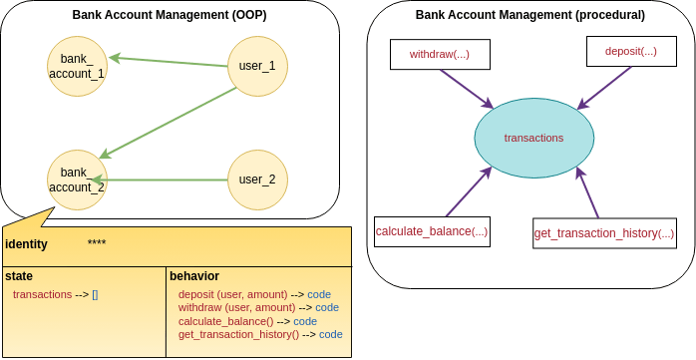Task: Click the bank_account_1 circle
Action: coord(77,66)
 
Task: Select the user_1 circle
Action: coord(257,66)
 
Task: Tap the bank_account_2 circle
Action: coord(77,180)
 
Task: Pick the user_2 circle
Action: coord(257,180)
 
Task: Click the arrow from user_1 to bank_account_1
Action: coord(169,61)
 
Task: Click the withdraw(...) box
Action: coord(440,54)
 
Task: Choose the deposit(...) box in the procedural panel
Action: coord(630,51)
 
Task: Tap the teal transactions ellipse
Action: coord(533,138)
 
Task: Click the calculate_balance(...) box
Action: coord(432,231)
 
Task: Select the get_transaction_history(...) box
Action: coord(604,233)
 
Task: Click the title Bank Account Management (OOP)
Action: coord(170,15)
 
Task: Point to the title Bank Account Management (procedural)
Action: coord(529,15)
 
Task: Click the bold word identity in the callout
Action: coord(26,244)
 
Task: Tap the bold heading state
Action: coord(18,275)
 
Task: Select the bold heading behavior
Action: coord(194,275)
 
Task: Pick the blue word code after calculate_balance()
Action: coord(305,321)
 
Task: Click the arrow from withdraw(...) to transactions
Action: coord(466,89)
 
